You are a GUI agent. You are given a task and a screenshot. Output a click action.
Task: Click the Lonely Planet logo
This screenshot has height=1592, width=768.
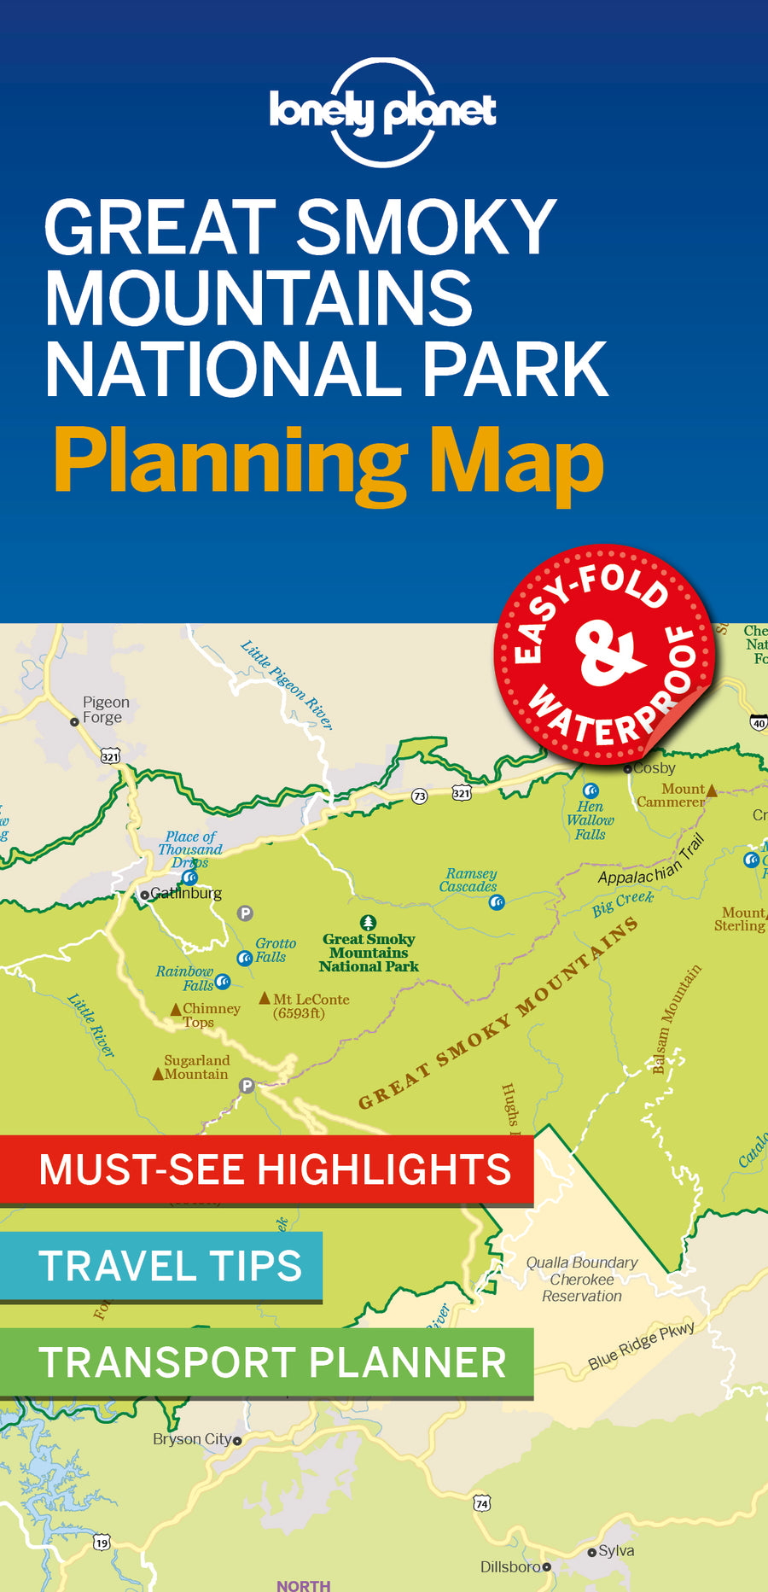pos(382,112)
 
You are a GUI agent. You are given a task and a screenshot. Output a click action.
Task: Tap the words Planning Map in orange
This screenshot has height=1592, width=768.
pos(329,462)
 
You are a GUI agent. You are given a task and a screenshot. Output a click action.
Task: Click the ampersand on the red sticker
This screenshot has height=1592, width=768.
pos(608,655)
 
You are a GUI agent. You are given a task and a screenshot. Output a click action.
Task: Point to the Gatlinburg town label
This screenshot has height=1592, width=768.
pos(185,893)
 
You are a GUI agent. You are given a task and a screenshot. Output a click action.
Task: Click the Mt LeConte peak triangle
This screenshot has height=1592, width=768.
pos(265,998)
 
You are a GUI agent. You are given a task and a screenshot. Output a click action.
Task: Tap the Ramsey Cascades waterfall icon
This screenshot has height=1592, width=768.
pos(497,901)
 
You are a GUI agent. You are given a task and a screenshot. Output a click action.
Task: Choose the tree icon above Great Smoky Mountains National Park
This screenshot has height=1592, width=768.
pos(368,923)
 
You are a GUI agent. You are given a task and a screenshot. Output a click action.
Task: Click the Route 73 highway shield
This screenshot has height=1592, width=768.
pos(419,796)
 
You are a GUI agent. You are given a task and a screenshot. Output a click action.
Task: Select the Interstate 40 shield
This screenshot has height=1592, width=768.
pos(759,723)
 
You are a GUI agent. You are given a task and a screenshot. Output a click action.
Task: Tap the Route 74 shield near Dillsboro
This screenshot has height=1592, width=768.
pos(482,1503)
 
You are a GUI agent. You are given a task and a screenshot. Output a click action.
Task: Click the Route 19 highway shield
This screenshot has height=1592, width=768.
pos(102,1542)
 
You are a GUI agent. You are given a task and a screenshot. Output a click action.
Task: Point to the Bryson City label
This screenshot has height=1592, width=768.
pos(192,1438)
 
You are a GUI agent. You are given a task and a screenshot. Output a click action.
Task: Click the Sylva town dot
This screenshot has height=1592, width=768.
pos(591,1553)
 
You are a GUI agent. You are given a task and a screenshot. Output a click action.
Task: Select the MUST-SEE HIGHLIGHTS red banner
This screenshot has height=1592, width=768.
pos(266,1169)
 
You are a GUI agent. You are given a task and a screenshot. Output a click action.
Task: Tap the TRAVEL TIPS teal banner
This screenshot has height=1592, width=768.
pos(161,1265)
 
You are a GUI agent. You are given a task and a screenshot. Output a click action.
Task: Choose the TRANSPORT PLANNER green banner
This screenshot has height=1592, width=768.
pos(266,1362)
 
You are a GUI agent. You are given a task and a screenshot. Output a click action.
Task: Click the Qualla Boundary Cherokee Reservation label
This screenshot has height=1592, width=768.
pos(582,1279)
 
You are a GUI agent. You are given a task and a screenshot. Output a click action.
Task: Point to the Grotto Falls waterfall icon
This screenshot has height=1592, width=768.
pos(244,958)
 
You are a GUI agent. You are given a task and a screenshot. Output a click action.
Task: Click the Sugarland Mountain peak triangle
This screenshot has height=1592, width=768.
pos(158,1074)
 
